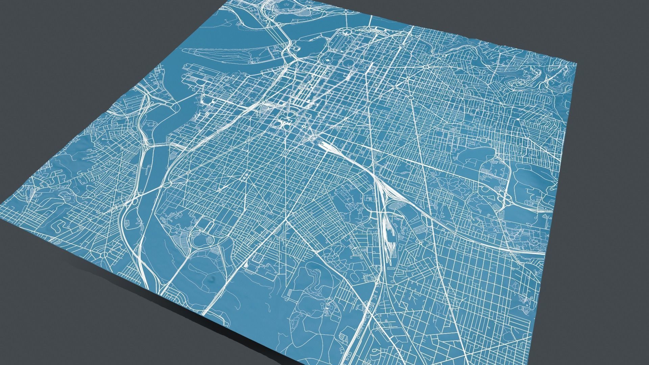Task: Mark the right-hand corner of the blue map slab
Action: click(576, 63)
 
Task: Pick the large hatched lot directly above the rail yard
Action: click(397, 204)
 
